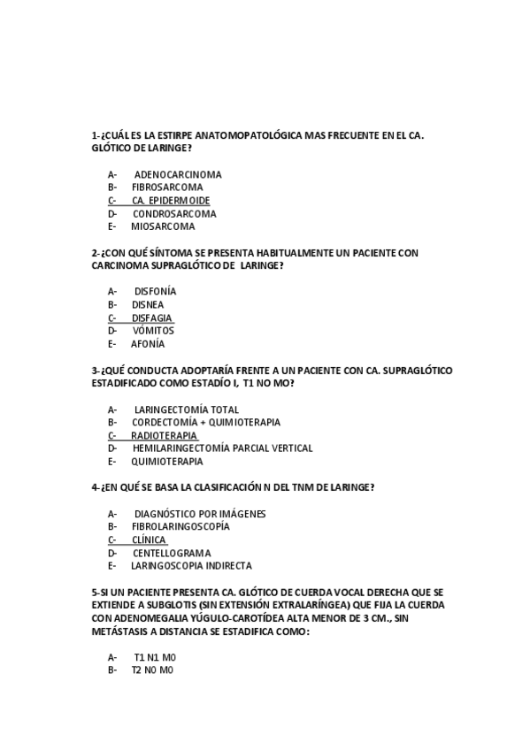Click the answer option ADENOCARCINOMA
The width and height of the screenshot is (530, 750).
(177, 174)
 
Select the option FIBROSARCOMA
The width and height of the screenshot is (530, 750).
(167, 187)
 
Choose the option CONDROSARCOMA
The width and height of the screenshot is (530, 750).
(174, 213)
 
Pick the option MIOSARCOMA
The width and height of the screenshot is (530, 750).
(163, 226)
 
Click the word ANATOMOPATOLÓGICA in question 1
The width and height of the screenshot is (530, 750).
(247, 135)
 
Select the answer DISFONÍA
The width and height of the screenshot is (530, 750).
(155, 291)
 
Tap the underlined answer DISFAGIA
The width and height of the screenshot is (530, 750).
(151, 318)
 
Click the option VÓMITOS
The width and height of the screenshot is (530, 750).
(153, 331)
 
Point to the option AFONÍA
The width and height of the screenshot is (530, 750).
(148, 344)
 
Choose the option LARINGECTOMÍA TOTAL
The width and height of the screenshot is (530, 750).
(186, 409)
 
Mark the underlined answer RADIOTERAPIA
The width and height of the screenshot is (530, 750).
(164, 435)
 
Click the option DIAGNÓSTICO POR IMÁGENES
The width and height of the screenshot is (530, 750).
(200, 514)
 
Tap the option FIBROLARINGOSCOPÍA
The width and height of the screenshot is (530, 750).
(181, 526)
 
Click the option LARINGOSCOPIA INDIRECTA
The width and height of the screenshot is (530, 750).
(191, 566)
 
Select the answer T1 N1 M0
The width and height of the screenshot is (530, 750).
(155, 657)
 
